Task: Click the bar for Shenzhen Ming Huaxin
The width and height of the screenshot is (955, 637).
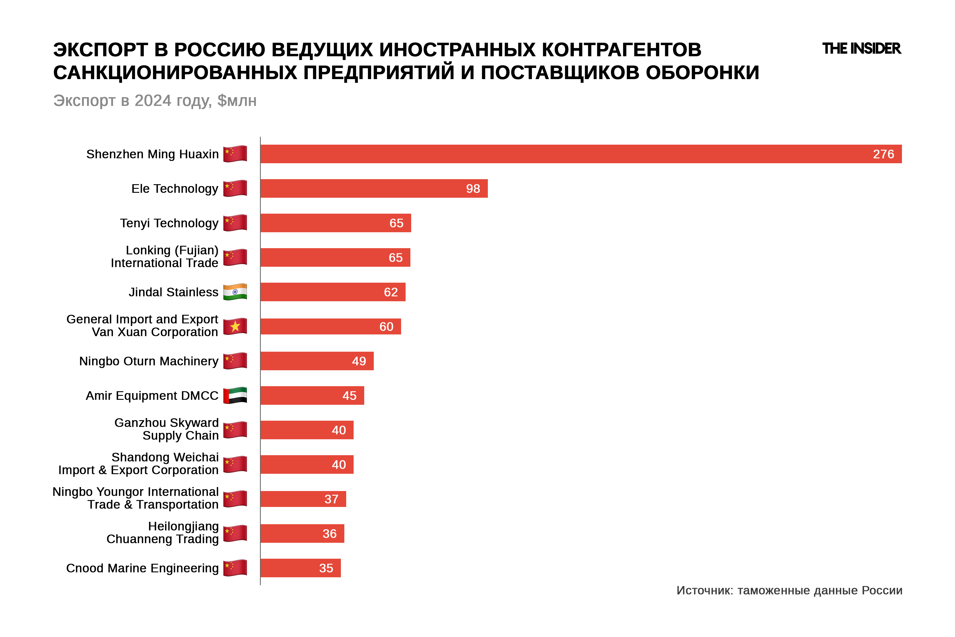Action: (568, 154)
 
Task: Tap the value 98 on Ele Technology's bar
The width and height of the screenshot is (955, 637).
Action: (473, 188)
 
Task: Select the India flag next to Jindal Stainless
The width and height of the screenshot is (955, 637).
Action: (235, 292)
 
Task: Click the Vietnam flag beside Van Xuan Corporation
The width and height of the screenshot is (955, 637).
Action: (235, 326)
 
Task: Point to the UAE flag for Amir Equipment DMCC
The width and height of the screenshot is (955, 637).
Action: (235, 395)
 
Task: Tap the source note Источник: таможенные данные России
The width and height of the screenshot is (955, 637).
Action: (789, 590)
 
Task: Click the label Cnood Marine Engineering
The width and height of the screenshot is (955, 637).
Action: (142, 568)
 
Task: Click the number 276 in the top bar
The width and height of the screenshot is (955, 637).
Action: (883, 154)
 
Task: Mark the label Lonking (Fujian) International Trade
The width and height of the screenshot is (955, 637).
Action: (164, 256)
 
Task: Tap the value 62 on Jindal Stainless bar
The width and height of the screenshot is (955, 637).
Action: (390, 292)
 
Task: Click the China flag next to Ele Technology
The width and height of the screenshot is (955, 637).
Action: (235, 188)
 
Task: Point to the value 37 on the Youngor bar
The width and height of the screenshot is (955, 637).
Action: (331, 499)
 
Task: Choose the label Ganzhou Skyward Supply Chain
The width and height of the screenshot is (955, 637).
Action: (167, 429)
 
